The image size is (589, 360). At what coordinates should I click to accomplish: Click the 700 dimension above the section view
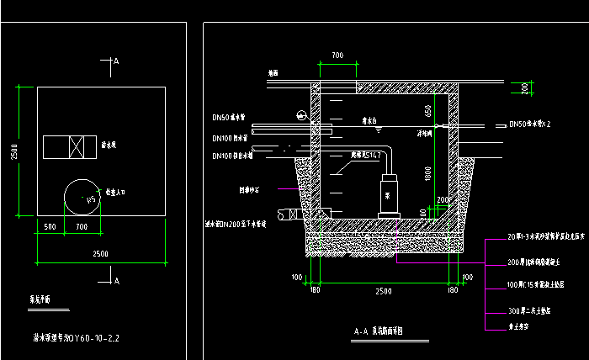coord(337,56)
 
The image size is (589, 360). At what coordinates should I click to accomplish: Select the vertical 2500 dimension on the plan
coord(13,151)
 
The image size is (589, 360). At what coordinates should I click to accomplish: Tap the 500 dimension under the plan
coord(50,226)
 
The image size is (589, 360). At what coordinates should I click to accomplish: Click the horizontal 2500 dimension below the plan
coord(100,253)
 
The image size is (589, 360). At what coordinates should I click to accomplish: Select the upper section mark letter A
coord(116,61)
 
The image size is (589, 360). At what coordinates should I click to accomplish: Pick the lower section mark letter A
coord(116,279)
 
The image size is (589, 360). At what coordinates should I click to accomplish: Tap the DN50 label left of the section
coord(229,117)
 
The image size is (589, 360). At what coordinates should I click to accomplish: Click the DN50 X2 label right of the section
coord(529,124)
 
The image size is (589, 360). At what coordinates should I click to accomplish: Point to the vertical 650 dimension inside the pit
coord(428,110)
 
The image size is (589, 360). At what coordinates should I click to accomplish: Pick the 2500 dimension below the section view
coord(383,290)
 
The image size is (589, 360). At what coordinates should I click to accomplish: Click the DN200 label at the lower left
coord(236,225)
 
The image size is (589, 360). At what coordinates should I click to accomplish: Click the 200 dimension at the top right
coord(524,87)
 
